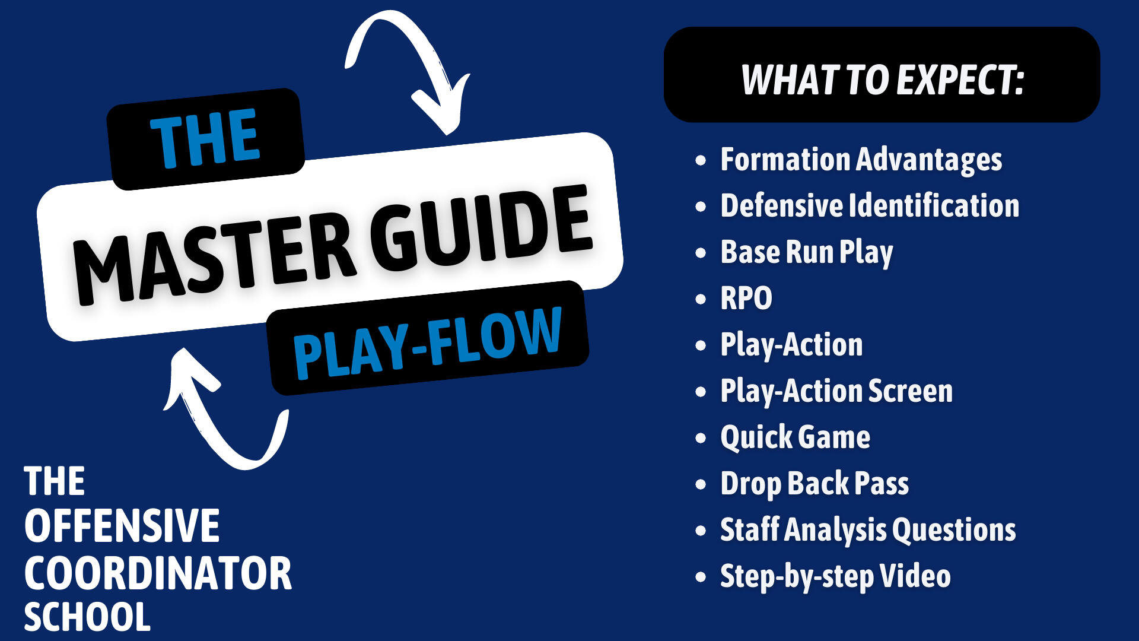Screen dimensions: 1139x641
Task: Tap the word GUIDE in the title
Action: [x=481, y=229]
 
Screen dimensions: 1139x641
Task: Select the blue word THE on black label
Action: [x=205, y=138]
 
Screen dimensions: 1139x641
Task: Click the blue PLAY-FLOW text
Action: [x=428, y=343]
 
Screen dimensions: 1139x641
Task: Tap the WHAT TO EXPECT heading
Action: [x=882, y=80]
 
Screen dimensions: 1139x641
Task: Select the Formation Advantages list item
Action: [x=861, y=160]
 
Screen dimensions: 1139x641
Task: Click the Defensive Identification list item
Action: [x=870, y=205]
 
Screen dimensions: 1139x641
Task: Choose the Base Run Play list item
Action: [x=807, y=252]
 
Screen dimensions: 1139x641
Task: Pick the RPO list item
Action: [x=746, y=298]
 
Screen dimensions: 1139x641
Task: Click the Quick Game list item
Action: [x=795, y=437]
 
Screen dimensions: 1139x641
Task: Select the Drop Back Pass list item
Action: [x=815, y=484]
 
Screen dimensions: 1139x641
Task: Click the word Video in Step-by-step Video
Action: [x=915, y=576]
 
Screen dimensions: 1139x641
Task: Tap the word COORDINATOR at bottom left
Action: [x=158, y=573]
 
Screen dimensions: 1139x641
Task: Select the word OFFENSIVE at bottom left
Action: [x=122, y=526]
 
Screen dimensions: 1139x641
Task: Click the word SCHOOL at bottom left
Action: [x=87, y=617]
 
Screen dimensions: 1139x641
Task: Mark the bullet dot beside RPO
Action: [x=701, y=299]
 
